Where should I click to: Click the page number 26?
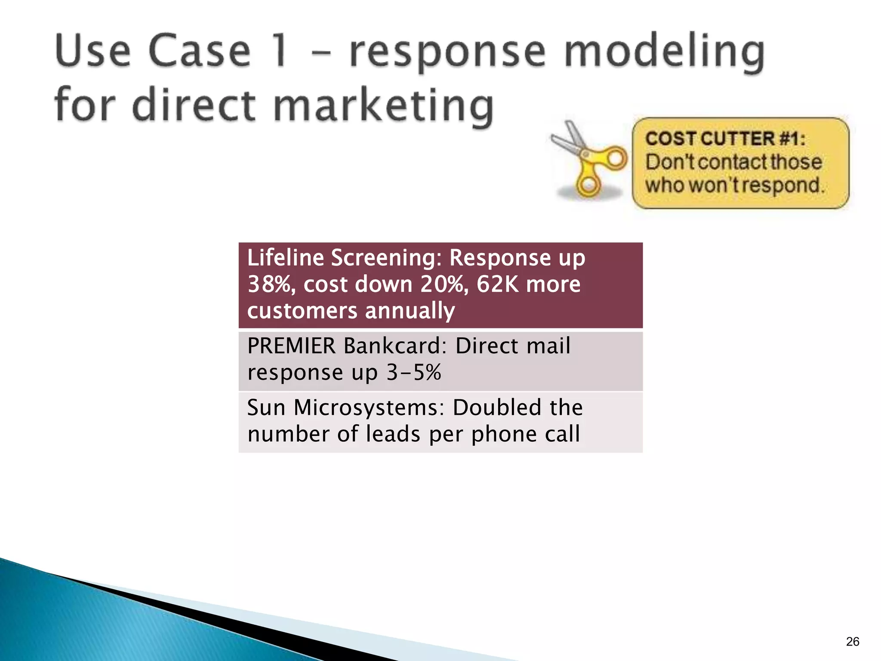click(852, 642)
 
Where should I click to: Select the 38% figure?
click(271, 284)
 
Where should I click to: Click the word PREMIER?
click(291, 346)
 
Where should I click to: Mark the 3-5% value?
click(414, 372)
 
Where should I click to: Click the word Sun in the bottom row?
click(266, 408)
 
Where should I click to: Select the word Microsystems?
click(369, 408)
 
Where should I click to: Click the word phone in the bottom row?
click(504, 434)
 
